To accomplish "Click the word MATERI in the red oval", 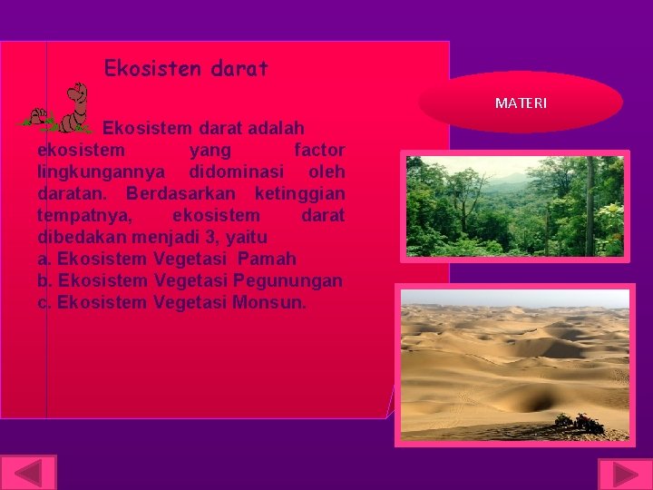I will coord(521,103).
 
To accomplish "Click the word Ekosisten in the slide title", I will coord(141,68).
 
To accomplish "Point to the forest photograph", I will coord(514,206).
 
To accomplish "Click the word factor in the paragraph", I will coord(319,150).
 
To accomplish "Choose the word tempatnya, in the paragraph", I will coord(86,215).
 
